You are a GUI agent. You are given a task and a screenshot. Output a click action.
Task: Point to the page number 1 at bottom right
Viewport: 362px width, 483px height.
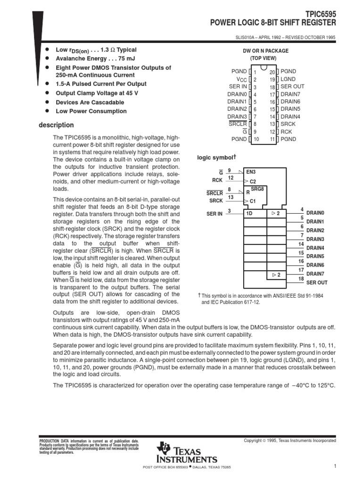pyautogui.click(x=334, y=466)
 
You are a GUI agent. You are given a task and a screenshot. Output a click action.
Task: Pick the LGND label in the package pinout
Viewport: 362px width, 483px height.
pyautogui.click(x=288, y=80)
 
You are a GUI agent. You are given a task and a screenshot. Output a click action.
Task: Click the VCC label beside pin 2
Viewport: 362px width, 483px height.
pyautogui.click(x=241, y=80)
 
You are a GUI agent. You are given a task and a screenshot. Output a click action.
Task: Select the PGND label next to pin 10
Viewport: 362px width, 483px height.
pyautogui.click(x=239, y=139)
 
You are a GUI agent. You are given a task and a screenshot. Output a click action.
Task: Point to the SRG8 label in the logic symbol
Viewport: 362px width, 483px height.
pyautogui.click(x=257, y=189)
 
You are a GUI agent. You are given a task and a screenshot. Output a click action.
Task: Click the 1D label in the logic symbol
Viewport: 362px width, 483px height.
pyautogui.click(x=249, y=214)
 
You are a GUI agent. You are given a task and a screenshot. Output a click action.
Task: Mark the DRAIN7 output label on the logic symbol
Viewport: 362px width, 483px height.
pyautogui.click(x=315, y=274)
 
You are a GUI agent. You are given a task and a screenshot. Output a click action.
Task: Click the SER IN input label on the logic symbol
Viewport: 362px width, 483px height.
pyautogui.click(x=214, y=214)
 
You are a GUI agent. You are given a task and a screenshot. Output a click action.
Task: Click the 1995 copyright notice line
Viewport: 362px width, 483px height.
pyautogui.click(x=289, y=441)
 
